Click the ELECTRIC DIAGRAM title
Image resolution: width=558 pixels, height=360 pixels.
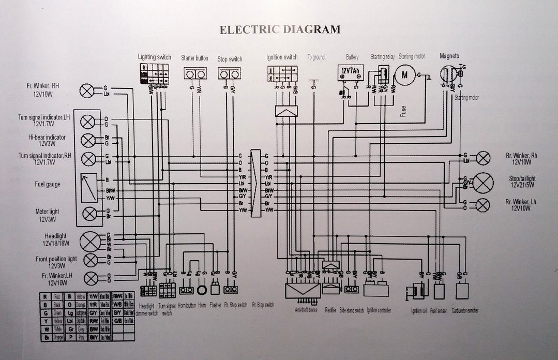pyautogui.click(x=280, y=29)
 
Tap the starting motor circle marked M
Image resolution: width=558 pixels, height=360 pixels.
pyautogui.click(x=405, y=74)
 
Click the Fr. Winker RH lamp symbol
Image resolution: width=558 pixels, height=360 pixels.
pyautogui.click(x=87, y=92)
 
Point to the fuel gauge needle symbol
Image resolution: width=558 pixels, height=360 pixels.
pyautogui.click(x=89, y=188)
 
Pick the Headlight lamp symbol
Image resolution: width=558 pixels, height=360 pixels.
pyautogui.click(x=92, y=241)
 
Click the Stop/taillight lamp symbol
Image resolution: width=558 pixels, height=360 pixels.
pyautogui.click(x=484, y=182)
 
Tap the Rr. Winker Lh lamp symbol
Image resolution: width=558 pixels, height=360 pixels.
pyautogui.click(x=482, y=205)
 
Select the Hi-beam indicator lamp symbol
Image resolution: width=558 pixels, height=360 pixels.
pyautogui.click(x=89, y=140)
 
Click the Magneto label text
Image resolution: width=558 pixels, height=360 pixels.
pyautogui.click(x=449, y=56)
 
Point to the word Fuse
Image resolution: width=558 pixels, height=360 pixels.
pyautogui.click(x=403, y=111)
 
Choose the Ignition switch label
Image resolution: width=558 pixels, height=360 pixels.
pyautogui.click(x=282, y=57)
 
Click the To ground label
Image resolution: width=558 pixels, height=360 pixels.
pyautogui.click(x=316, y=57)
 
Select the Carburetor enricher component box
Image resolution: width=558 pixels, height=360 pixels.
pyautogui.click(x=462, y=290)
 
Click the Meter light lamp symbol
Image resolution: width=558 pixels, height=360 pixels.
pyautogui.click(x=89, y=213)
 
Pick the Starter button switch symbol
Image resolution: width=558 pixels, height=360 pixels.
pyautogui.click(x=194, y=74)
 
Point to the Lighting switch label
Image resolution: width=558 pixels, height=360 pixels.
pyautogui.click(x=154, y=56)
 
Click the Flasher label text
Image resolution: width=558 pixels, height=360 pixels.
pyautogui.click(x=216, y=305)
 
